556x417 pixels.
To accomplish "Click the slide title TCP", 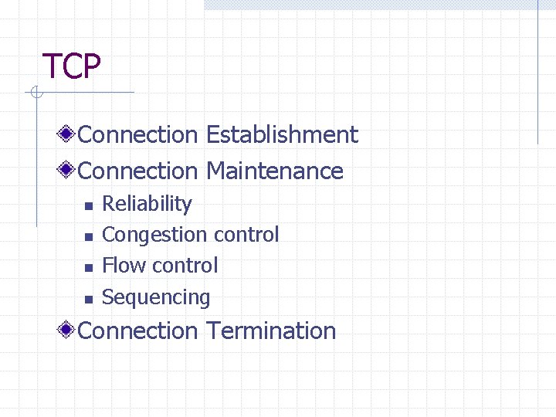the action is click(x=71, y=67).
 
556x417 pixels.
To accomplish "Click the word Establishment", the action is click(x=282, y=135).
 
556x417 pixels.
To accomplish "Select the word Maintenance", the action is click(x=274, y=171).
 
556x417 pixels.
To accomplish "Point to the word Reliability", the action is click(x=147, y=204).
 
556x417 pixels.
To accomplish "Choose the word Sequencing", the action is click(x=156, y=297).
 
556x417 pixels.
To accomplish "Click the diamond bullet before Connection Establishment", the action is click(x=68, y=135).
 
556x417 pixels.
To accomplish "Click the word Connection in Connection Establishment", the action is click(x=138, y=135).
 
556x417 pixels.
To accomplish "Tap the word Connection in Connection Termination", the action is click(x=138, y=331).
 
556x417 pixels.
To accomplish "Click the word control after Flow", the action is click(x=180, y=266).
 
